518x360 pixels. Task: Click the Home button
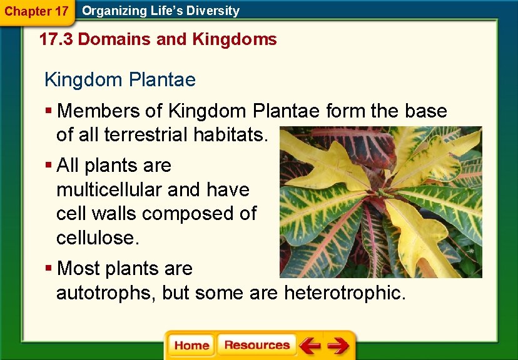(191, 346)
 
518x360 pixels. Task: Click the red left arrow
(310, 346)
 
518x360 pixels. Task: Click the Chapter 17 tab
(36, 11)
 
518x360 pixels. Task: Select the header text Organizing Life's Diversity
(161, 11)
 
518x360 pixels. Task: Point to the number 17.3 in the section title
(56, 40)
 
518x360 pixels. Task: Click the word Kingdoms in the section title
(235, 40)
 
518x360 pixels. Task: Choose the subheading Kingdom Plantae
(119, 80)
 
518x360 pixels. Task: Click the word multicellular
(103, 189)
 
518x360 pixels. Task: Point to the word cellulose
(94, 237)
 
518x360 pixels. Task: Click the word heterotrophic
(345, 292)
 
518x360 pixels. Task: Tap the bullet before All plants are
(48, 166)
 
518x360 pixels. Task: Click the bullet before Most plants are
(48, 269)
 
